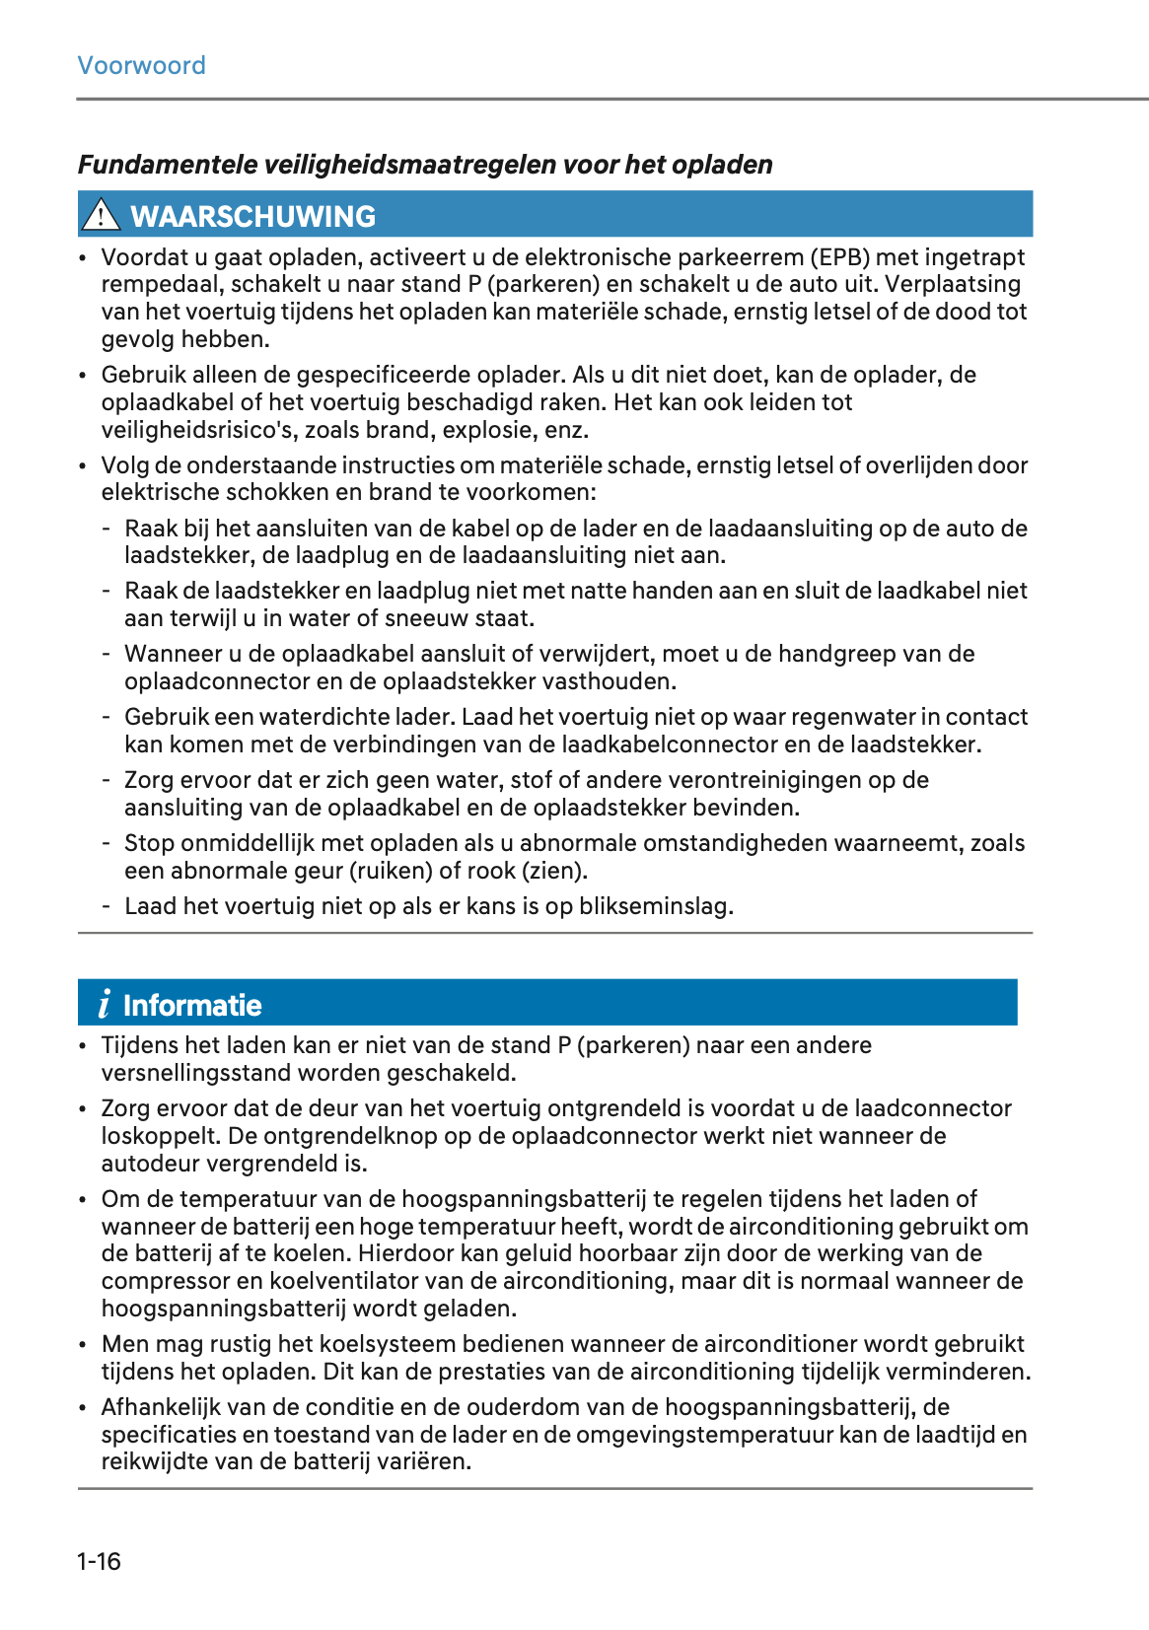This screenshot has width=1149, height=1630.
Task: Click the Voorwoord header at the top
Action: click(x=141, y=66)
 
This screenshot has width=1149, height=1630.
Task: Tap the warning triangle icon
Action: click(x=101, y=215)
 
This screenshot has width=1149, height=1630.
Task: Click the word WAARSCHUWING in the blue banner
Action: click(x=253, y=216)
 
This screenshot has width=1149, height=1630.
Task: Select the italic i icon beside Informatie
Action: click(x=105, y=1005)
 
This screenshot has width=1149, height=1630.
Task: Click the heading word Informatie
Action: click(x=192, y=1005)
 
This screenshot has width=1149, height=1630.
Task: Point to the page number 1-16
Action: click(x=99, y=1561)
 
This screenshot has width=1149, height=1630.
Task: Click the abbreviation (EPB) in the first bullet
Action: click(x=840, y=257)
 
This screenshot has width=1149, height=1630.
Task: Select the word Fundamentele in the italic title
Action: click(x=168, y=165)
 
